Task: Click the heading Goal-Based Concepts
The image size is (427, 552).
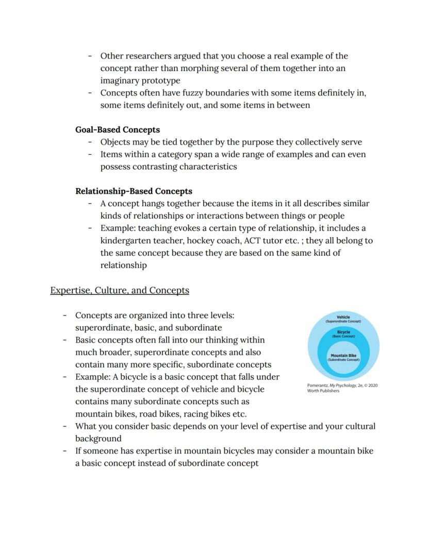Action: pyautogui.click(x=118, y=130)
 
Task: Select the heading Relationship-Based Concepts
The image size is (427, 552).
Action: pyautogui.click(x=134, y=191)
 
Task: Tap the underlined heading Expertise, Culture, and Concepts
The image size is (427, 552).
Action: pyautogui.click(x=120, y=290)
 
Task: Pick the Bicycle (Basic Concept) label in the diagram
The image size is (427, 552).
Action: pyautogui.click(x=343, y=334)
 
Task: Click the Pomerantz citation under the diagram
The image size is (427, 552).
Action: pyautogui.click(x=341, y=385)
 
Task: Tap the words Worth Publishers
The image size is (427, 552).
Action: pyautogui.click(x=323, y=391)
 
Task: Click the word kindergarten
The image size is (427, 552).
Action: pyautogui.click(x=124, y=241)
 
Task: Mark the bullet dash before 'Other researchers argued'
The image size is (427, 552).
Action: pyautogui.click(x=90, y=56)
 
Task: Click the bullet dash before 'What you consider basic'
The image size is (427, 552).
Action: pyautogui.click(x=65, y=426)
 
